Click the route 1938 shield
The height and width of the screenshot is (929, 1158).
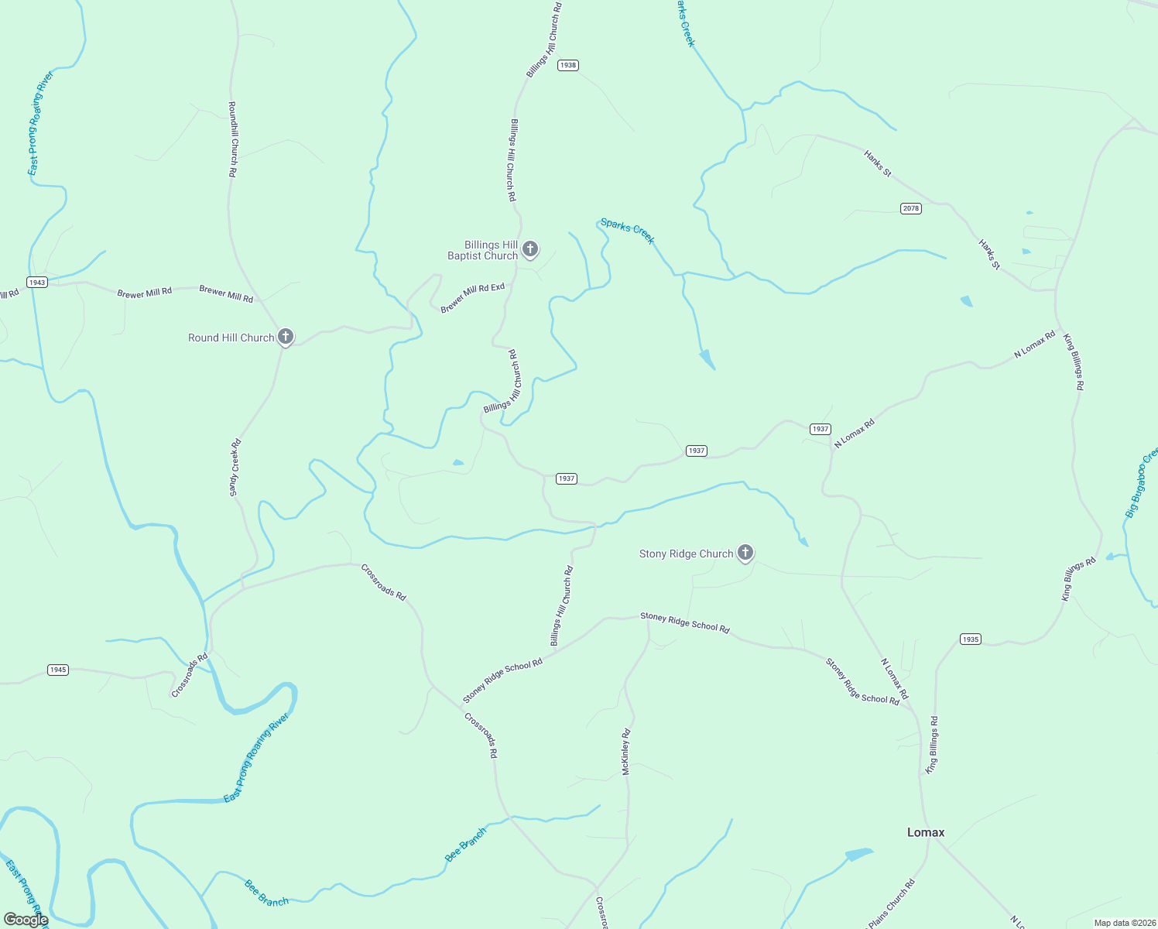point(568,65)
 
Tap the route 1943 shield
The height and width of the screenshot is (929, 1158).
point(37,282)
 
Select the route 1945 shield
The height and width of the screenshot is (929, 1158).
point(58,670)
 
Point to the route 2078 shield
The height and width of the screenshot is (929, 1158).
point(911,208)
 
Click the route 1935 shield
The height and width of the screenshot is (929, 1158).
point(970,639)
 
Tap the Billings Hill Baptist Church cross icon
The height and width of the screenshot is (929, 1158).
point(530,249)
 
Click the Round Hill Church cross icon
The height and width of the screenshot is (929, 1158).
point(286,336)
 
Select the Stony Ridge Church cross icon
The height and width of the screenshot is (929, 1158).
point(745,552)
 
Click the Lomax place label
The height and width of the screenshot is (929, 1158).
point(926,832)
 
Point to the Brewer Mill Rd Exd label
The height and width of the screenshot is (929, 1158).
point(472,298)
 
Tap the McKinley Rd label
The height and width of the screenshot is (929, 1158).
point(626,751)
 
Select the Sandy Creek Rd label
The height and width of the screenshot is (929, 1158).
point(235,468)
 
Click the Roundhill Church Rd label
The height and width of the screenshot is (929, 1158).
point(232,139)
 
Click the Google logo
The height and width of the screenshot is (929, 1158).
point(26,920)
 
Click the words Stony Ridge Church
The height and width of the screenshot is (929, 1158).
point(686,554)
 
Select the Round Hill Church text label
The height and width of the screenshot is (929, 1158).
point(231,338)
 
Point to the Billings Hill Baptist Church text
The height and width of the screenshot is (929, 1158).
point(483,250)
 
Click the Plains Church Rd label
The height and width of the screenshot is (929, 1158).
point(891,904)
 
